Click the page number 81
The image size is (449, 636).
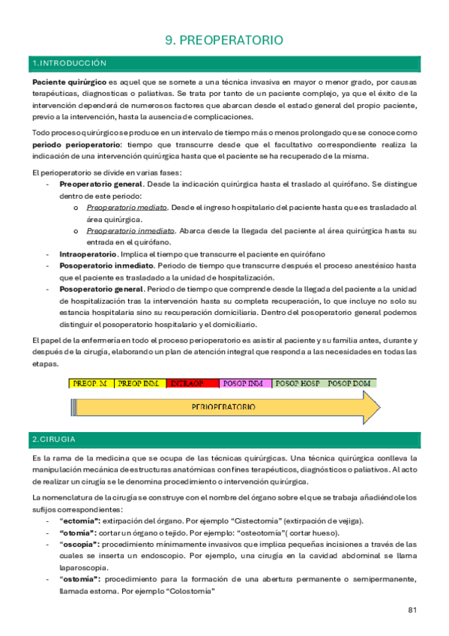pos(412,610)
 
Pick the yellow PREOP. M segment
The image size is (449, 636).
pos(91,383)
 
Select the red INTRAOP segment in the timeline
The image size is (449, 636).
pos(187,383)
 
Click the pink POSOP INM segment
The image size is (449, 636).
pos(244,383)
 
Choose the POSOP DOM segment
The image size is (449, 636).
pos(349,383)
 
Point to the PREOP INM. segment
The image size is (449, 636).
pos(139,383)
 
